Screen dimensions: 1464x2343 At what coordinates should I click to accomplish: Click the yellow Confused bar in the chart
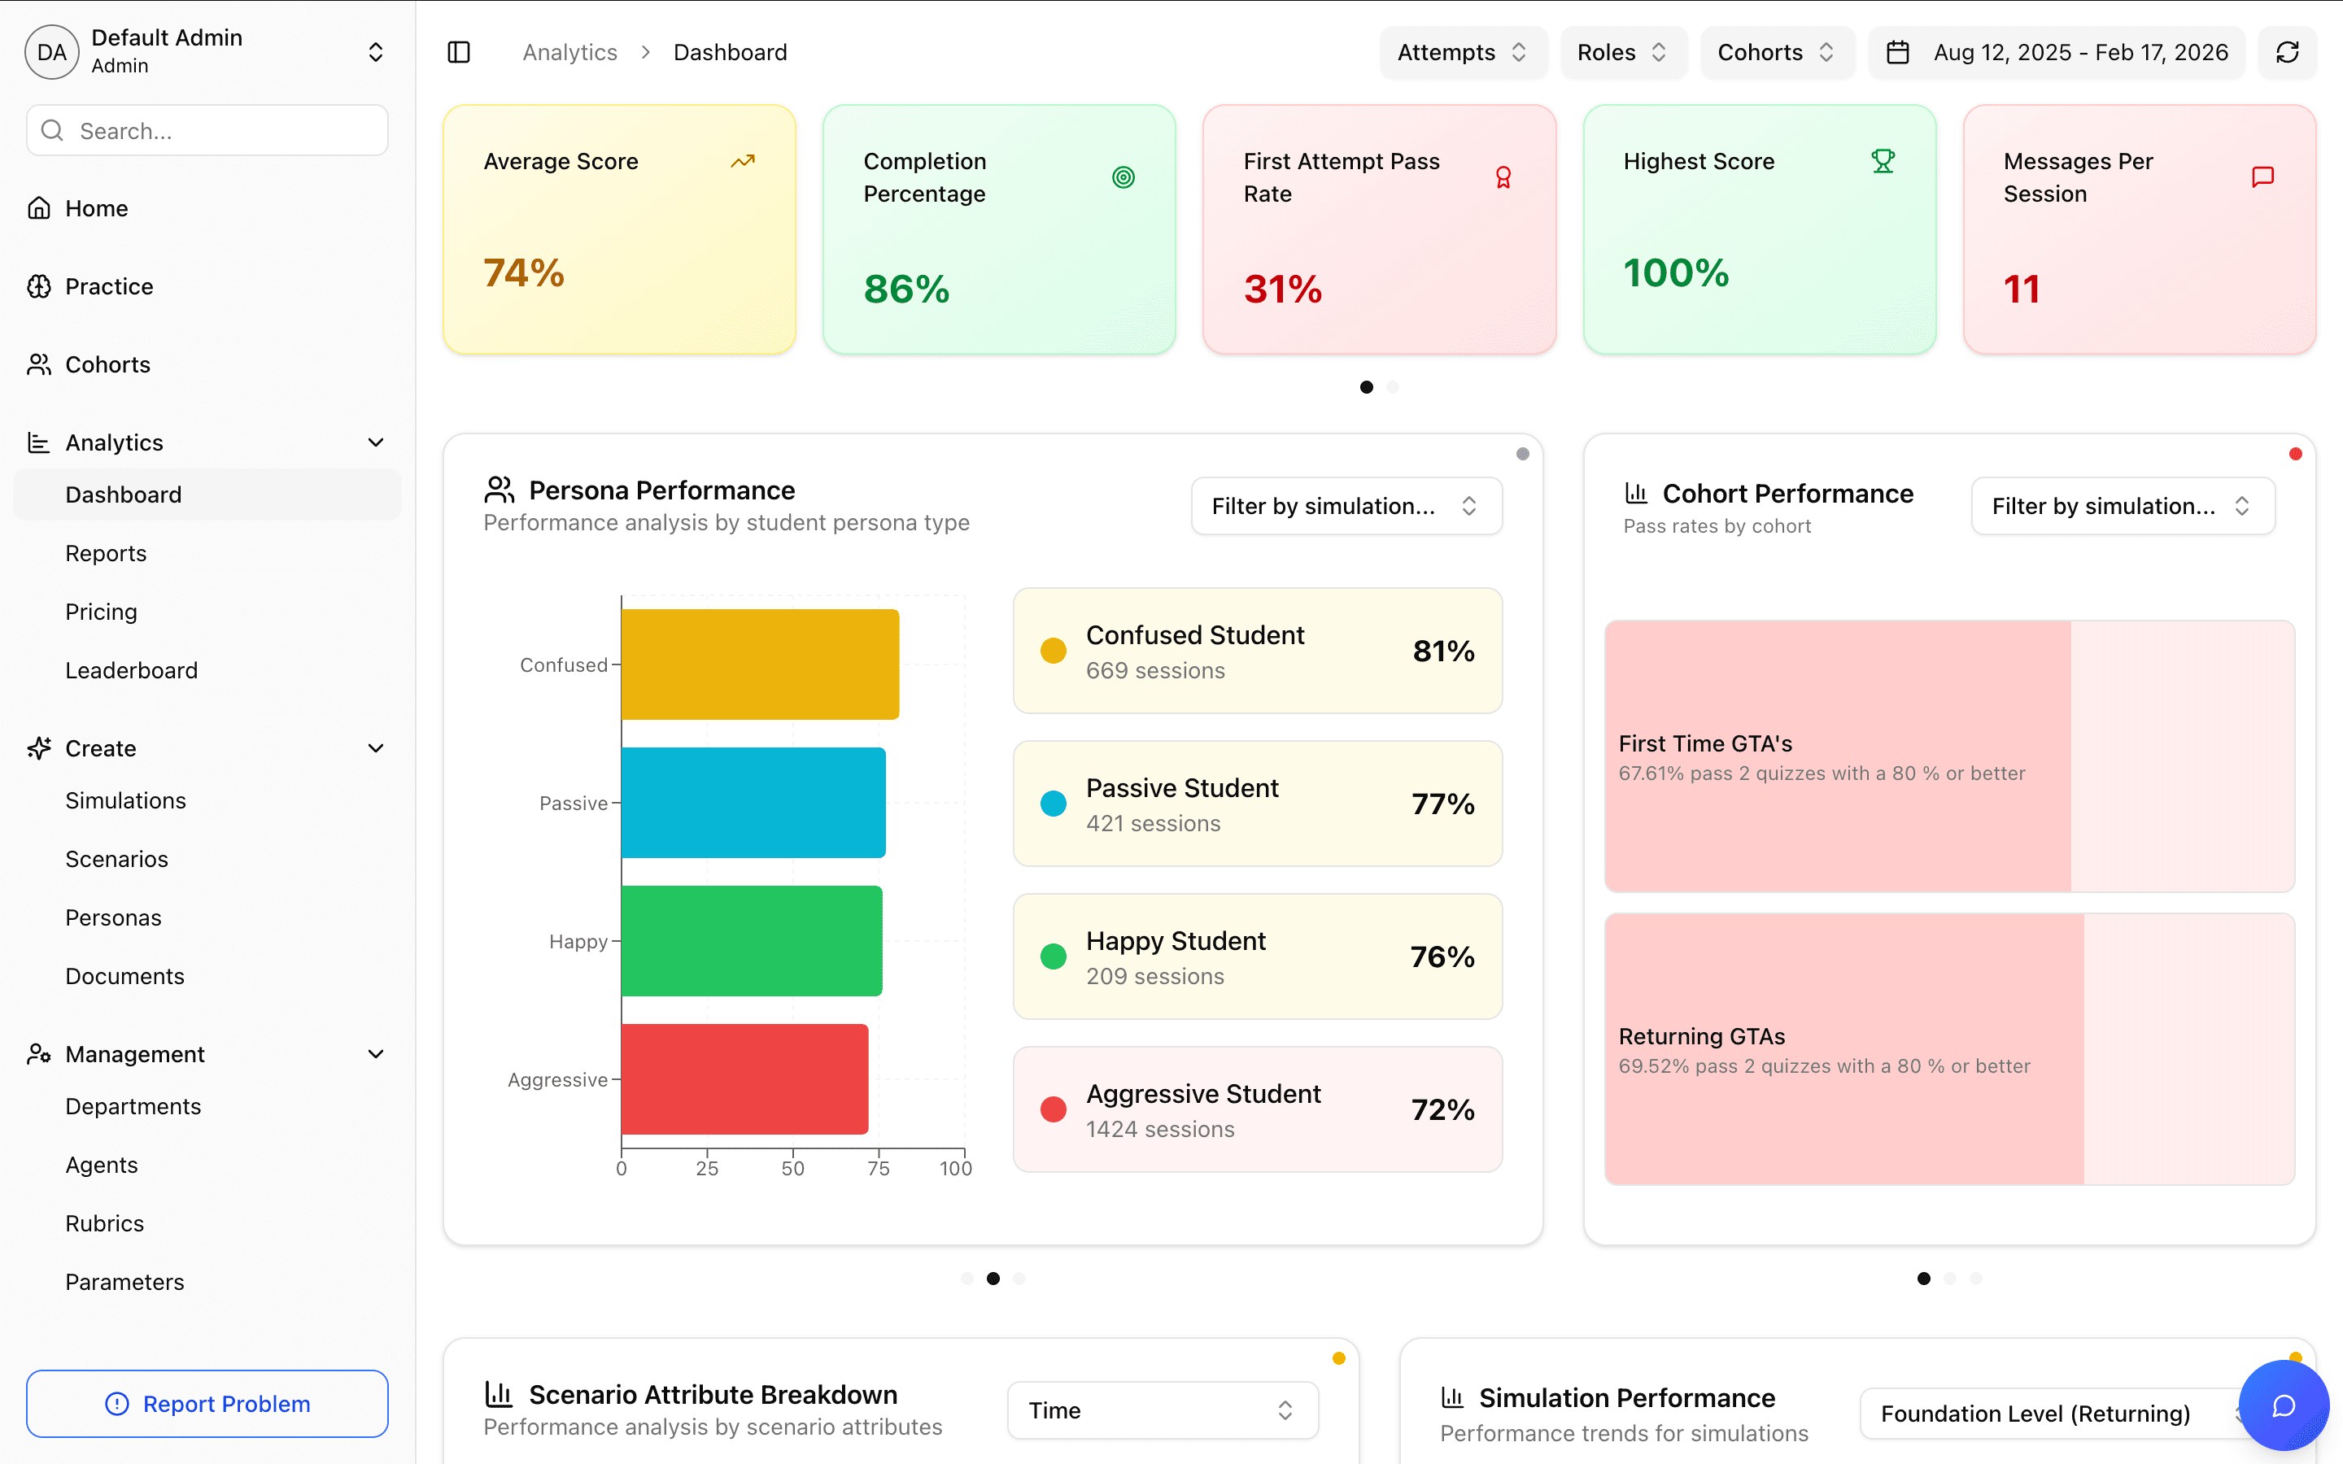(x=759, y=664)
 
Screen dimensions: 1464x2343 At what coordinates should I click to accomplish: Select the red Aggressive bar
(x=744, y=1078)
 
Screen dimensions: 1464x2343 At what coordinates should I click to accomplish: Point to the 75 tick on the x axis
(x=878, y=1169)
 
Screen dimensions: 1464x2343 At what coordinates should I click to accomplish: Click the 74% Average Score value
(x=524, y=273)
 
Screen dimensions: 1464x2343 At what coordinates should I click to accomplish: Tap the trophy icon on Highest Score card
(x=1883, y=161)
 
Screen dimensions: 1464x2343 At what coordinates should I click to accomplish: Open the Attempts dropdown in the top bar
(x=1462, y=52)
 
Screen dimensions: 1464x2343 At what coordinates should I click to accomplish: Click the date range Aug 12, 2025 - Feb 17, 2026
(x=2079, y=52)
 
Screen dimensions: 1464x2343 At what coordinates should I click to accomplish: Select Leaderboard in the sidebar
(x=132, y=670)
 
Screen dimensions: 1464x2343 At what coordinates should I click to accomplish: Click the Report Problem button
(x=207, y=1403)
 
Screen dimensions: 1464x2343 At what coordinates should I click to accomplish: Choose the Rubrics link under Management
(x=105, y=1223)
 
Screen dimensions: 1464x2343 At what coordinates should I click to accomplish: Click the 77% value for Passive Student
(x=1442, y=804)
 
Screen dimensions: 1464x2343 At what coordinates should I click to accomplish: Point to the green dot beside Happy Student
(x=1054, y=956)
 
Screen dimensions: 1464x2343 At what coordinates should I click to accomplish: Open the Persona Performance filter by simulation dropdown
(x=1346, y=505)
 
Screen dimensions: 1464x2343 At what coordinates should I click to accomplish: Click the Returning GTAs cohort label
(x=1702, y=1036)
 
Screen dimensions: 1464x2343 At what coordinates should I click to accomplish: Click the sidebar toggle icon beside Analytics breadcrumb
(x=459, y=52)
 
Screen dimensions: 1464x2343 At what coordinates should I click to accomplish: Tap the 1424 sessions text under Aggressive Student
(x=1160, y=1129)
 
